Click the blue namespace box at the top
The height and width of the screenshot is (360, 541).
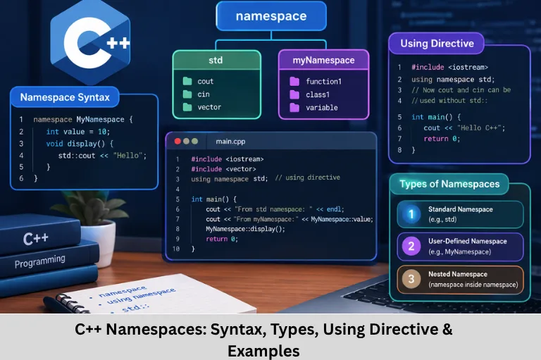click(271, 16)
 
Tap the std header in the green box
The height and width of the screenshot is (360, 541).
click(216, 60)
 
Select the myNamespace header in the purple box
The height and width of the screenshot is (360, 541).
click(323, 60)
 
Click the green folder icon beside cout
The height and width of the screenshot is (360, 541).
click(187, 81)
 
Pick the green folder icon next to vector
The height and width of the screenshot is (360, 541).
click(187, 107)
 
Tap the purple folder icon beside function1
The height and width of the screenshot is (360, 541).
click(294, 82)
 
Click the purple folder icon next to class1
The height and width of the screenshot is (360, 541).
click(294, 94)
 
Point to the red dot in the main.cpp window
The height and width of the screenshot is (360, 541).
click(178, 141)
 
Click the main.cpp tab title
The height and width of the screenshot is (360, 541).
click(230, 142)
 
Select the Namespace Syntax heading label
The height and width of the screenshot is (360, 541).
click(65, 97)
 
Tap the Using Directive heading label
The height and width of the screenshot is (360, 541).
click(437, 44)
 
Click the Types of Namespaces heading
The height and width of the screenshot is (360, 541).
click(449, 184)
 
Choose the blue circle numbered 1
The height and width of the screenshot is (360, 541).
click(411, 214)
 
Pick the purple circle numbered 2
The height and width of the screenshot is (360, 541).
click(411, 247)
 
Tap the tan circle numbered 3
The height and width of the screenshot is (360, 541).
click(411, 279)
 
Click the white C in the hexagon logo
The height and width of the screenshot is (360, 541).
click(80, 43)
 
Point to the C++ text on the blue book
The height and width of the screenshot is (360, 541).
click(36, 239)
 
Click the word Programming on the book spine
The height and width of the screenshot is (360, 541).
click(40, 261)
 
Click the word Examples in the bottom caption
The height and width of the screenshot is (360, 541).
click(263, 352)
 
